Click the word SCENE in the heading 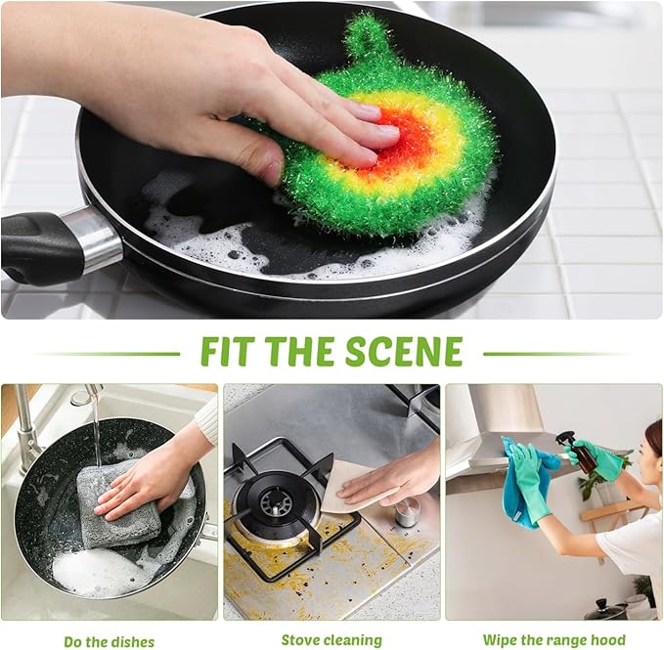tap(410, 351)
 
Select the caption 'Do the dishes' tap(109, 641)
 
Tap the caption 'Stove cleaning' tap(332, 640)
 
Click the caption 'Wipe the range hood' tap(553, 640)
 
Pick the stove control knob tap(408, 511)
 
